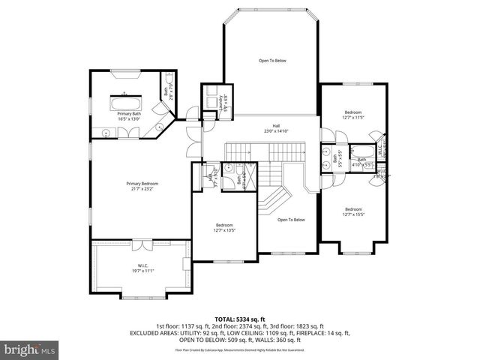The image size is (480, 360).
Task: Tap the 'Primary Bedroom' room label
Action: pyautogui.click(x=142, y=184)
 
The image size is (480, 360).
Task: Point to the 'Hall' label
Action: pyautogui.click(x=276, y=126)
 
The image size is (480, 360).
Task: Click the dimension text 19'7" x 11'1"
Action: pyautogui.click(x=142, y=270)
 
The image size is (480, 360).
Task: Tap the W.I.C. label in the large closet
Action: pyautogui.click(x=142, y=265)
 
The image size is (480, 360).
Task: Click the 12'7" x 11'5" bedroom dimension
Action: pyautogui.click(x=352, y=117)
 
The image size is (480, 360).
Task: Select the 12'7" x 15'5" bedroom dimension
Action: pyautogui.click(x=352, y=214)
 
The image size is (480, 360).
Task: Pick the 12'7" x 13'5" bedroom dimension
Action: pyautogui.click(x=224, y=230)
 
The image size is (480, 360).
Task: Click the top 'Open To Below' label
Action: pyautogui.click(x=272, y=61)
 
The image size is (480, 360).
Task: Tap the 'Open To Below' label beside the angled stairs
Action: pyautogui.click(x=291, y=220)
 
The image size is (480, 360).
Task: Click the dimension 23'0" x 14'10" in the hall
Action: pyautogui.click(x=276, y=131)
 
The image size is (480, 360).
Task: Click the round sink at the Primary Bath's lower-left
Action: pyautogui.click(x=106, y=133)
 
